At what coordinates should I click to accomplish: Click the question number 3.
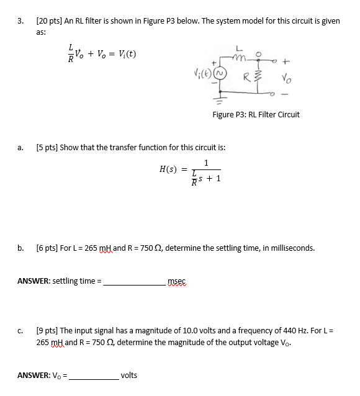point(21,21)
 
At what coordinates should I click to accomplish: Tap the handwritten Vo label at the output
point(285,78)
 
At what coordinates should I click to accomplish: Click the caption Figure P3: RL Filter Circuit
point(256,114)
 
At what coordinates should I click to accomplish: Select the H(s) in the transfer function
point(169,169)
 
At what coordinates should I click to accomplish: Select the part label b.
point(21,248)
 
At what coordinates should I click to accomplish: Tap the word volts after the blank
point(129,376)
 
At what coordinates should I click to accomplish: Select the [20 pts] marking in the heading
point(50,21)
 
